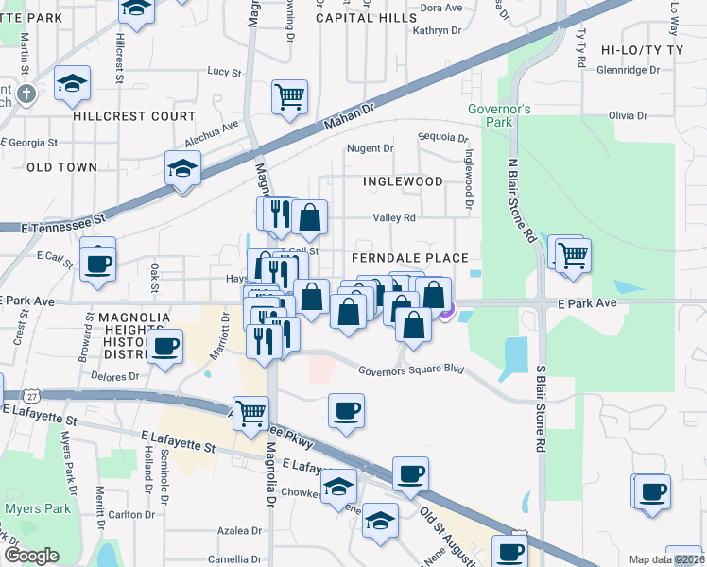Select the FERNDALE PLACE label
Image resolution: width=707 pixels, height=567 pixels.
(409, 258)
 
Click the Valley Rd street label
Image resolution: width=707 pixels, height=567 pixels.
(394, 217)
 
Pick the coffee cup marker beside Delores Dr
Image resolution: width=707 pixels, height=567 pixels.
(165, 346)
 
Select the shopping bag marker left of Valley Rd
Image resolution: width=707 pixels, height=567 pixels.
(309, 217)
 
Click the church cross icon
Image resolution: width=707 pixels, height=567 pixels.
(26, 94)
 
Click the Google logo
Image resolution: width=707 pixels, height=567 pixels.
(31, 556)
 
